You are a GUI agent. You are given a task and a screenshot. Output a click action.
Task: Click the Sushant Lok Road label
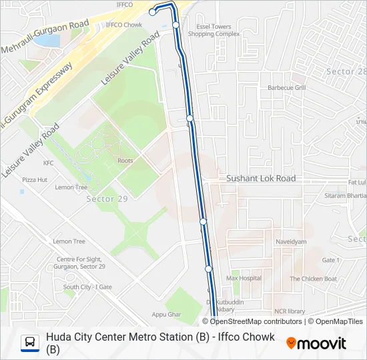point(261,179)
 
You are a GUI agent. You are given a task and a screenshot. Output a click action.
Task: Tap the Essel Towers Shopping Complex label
point(214,30)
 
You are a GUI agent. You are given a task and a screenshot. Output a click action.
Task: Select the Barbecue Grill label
point(286,87)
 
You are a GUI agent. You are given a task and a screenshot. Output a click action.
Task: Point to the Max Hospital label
point(244,278)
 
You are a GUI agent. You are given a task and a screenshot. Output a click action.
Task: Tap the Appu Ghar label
point(166,314)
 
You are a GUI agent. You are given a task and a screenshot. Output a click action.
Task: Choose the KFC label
point(48,163)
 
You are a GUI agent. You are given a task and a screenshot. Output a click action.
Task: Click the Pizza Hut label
point(35,180)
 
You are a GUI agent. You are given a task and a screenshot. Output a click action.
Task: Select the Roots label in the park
point(125,161)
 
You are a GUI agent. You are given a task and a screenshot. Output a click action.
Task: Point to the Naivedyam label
point(290,243)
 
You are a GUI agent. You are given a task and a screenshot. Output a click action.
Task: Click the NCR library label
point(290,311)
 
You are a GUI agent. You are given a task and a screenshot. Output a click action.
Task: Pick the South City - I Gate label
point(87,287)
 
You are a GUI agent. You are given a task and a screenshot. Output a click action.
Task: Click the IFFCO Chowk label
point(124,25)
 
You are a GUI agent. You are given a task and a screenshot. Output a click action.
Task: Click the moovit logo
point(316,343)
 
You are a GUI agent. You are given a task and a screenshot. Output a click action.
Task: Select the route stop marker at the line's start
point(153,12)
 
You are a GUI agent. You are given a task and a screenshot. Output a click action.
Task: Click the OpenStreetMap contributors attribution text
point(247,321)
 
